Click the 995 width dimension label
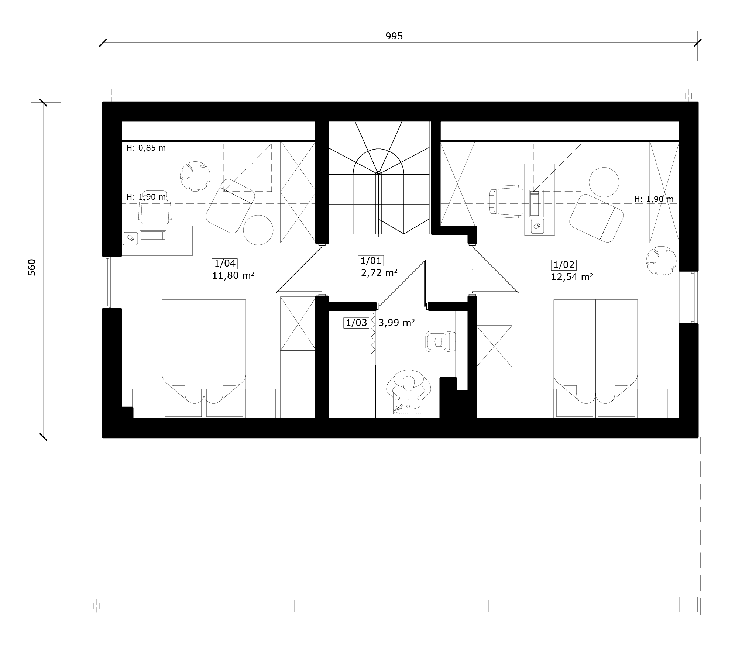click(394, 36)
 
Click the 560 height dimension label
click(32, 267)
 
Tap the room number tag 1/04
click(225, 263)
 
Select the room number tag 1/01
click(371, 261)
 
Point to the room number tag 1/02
click(564, 265)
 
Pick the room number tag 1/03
click(356, 323)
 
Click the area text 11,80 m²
click(233, 275)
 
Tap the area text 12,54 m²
click(572, 277)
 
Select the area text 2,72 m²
click(379, 273)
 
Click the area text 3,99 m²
click(396, 323)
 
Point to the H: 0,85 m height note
click(146, 148)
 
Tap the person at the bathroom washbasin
click(409, 386)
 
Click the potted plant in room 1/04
click(195, 176)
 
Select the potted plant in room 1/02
click(661, 261)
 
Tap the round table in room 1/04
click(258, 230)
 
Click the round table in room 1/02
click(604, 182)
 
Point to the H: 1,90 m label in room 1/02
click(654, 199)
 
